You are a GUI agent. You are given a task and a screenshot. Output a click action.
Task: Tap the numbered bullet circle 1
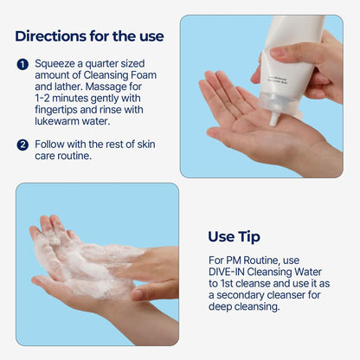tap(22, 64)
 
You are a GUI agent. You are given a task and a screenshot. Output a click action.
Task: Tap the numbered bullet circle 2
tap(22, 144)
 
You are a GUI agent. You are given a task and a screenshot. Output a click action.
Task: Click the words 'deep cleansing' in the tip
tap(251, 308)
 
